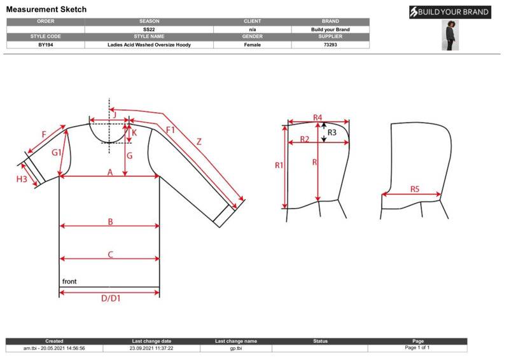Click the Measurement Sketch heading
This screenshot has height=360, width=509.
46,10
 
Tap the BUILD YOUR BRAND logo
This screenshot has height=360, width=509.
450,12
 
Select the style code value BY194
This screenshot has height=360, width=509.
45,45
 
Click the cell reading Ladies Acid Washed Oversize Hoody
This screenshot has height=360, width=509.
149,45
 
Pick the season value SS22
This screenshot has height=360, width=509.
149,29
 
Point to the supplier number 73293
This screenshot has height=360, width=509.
330,45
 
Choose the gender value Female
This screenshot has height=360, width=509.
252,45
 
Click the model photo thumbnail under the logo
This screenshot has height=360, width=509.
450,35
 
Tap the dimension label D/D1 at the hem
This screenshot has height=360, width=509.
111,298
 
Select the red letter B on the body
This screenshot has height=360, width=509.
110,222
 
